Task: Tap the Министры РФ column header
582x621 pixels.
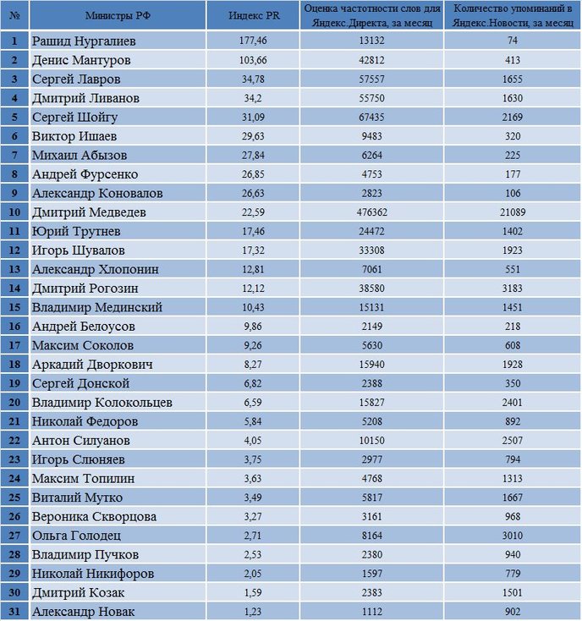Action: point(118,15)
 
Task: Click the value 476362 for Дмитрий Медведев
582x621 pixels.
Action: point(372,212)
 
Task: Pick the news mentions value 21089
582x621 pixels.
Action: point(513,212)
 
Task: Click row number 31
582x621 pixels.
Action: point(14,611)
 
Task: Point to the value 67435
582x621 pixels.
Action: point(372,117)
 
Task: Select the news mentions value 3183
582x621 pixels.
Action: point(513,288)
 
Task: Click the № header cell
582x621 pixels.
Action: point(14,15)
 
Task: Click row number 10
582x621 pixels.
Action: point(14,212)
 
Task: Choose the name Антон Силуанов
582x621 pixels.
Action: point(80,440)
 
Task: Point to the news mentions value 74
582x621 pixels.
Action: point(513,41)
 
